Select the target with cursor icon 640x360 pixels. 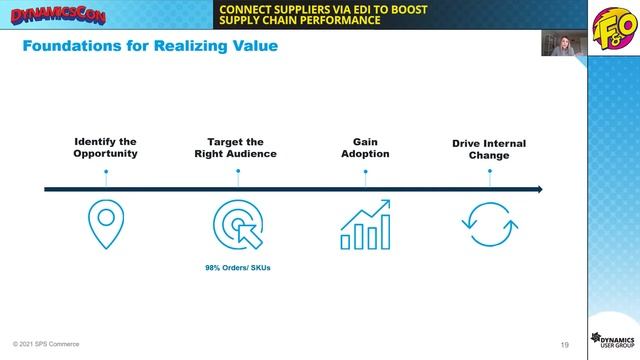click(237, 225)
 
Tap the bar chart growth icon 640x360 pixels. click(364, 225)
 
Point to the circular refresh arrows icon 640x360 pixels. click(489, 225)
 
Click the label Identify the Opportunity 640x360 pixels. click(105, 148)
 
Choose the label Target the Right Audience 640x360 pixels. click(235, 148)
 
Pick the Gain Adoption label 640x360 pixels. click(364, 148)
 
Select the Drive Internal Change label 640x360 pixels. click(489, 149)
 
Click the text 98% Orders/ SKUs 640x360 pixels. click(238, 268)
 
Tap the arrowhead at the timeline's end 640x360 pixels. click(538, 189)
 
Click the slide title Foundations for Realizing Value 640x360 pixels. click(150, 46)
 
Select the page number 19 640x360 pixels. click(565, 345)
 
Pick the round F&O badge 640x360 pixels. click(609, 24)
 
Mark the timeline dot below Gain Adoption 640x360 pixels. click(364, 171)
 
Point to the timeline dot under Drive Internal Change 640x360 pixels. click(489, 171)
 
